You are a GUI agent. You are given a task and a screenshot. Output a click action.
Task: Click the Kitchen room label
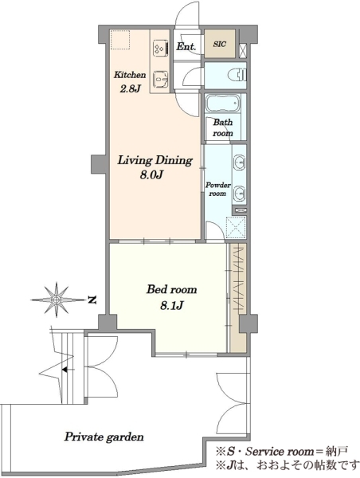(130, 75)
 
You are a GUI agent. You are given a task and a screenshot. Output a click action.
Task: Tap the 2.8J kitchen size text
(130, 88)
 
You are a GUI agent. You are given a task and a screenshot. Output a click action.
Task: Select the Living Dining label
(155, 161)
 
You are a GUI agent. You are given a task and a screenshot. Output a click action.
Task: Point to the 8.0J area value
(152, 175)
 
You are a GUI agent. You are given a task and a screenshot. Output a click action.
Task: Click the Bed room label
(171, 289)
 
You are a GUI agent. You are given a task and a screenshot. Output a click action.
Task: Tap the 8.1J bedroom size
(171, 305)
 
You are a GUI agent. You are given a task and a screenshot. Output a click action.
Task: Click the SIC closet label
(220, 44)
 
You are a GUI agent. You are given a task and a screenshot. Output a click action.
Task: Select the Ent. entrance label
(186, 47)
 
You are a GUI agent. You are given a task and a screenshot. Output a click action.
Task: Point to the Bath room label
(223, 128)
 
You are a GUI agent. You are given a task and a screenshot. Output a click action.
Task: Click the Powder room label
(217, 190)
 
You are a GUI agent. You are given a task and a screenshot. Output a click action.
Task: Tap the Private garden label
(104, 437)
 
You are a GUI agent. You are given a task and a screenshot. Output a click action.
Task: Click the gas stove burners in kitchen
(161, 48)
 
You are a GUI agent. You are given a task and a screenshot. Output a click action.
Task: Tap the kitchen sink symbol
(161, 80)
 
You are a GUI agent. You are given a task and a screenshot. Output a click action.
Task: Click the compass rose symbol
(57, 300)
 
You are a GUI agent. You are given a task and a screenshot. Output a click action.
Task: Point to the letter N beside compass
(92, 300)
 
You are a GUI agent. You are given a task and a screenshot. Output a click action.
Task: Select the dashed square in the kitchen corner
(120, 40)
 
